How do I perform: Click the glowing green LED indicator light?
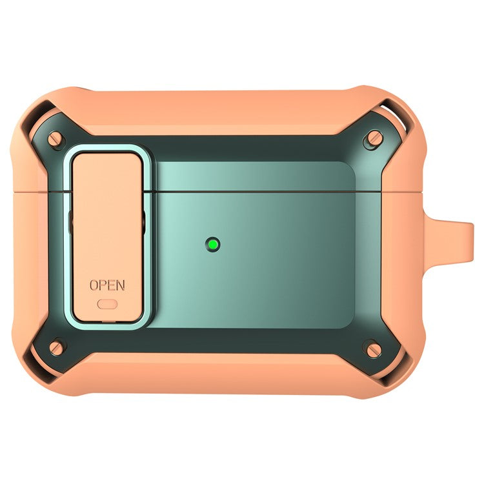point(213,245)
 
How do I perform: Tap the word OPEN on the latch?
point(107,285)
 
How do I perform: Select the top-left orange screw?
point(55,139)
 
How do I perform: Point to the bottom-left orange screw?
point(57,348)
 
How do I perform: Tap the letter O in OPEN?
point(94,285)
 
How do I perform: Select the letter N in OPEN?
point(121,285)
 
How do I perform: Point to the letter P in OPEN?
point(103,285)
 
